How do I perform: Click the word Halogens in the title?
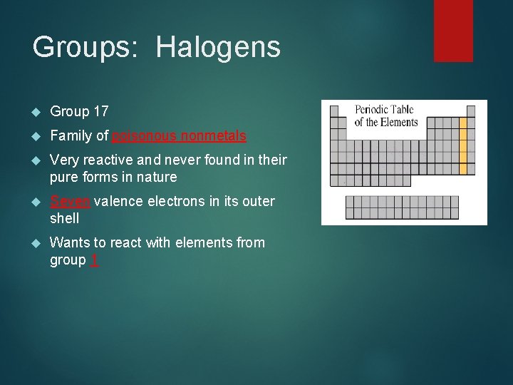(218, 48)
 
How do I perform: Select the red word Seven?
(69, 201)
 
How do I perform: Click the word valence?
(118, 201)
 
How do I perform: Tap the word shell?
(64, 218)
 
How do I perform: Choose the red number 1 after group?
(95, 260)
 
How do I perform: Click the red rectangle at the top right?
(453, 30)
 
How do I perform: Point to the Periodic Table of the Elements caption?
(386, 116)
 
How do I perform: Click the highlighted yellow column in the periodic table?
(462, 146)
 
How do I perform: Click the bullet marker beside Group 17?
(37, 112)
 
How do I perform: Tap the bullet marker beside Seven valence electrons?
(37, 202)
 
